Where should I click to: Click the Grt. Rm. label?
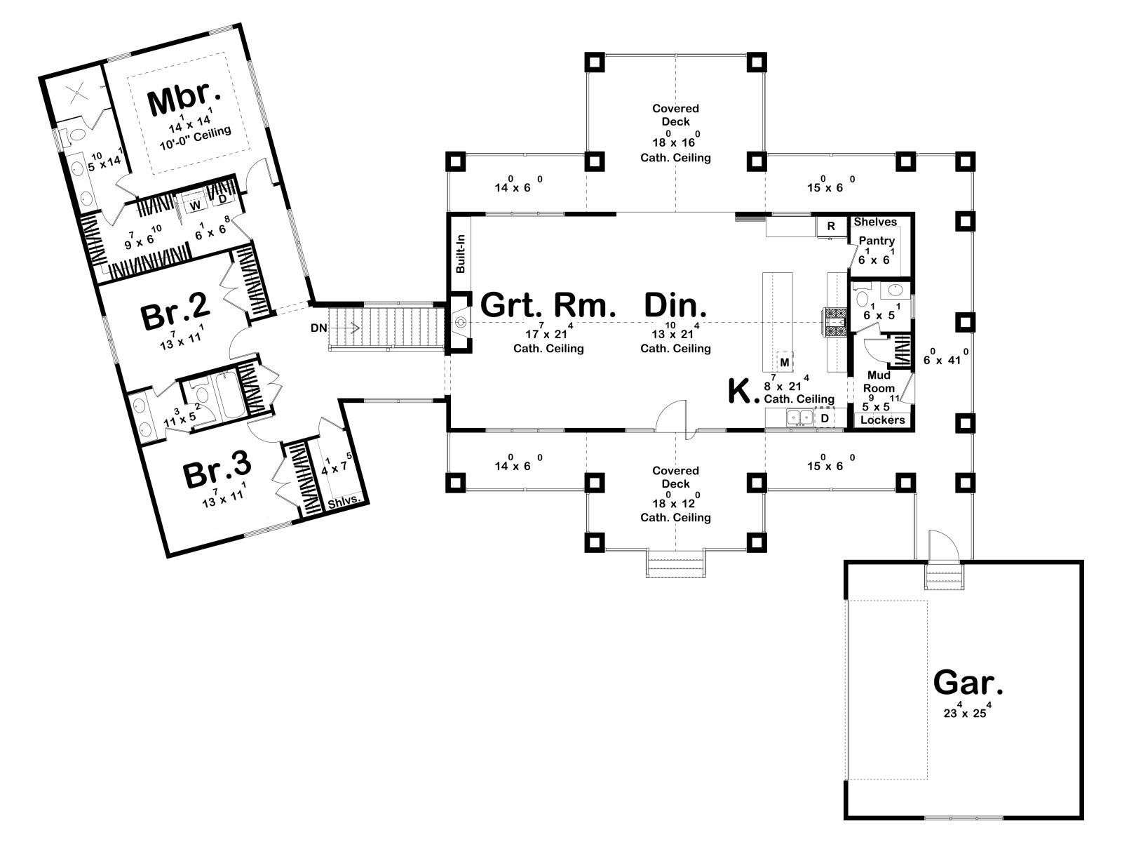tap(548, 306)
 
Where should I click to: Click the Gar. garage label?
tap(968, 681)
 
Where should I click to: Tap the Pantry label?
tap(877, 241)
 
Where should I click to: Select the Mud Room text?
tap(879, 382)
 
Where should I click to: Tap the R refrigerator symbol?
tap(831, 226)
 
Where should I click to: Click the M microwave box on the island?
tap(785, 361)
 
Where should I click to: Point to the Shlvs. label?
tap(344, 502)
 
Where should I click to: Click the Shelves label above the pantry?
tap(875, 222)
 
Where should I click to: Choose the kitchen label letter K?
tap(743, 392)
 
